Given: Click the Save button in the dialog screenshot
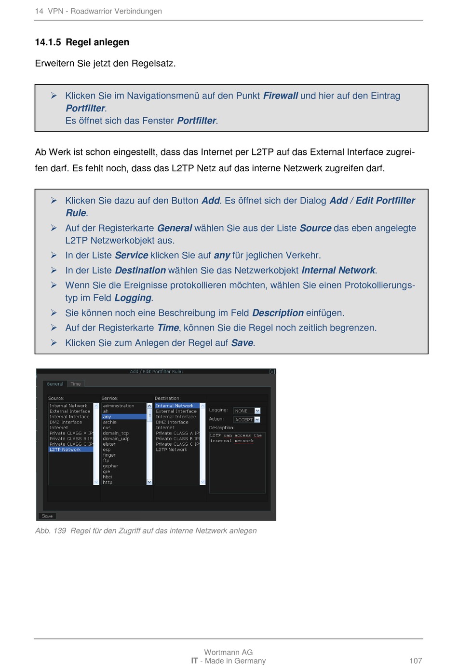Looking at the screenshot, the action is tap(47, 516).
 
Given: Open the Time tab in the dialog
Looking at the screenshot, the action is tap(76, 384).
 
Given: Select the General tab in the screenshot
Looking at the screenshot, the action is tap(55, 384).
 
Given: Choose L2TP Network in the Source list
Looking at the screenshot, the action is tap(65, 450).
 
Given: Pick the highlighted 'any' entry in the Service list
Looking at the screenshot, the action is tap(107, 417).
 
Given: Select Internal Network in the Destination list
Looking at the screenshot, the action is tap(175, 406).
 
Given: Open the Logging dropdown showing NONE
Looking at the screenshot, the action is tap(247, 411).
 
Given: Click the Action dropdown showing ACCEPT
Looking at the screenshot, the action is tap(247, 420).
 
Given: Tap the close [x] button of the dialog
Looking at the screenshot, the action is tap(272, 371).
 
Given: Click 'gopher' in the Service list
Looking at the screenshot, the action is tap(110, 466).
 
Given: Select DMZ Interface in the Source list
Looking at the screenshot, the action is tap(66, 422).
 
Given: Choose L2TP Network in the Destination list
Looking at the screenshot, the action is tap(172, 450).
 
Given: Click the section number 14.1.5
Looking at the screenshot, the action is tap(48, 42).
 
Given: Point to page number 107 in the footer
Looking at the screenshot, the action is tap(416, 661).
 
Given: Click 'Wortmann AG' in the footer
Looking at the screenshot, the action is tap(228, 652).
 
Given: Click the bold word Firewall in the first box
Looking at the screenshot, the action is tap(280, 96).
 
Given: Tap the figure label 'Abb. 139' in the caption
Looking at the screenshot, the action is tap(51, 531).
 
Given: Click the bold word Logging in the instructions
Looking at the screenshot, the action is tap(133, 298).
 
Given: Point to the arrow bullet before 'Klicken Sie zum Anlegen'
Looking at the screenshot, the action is tap(54, 342).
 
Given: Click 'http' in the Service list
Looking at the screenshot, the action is tap(108, 482).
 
